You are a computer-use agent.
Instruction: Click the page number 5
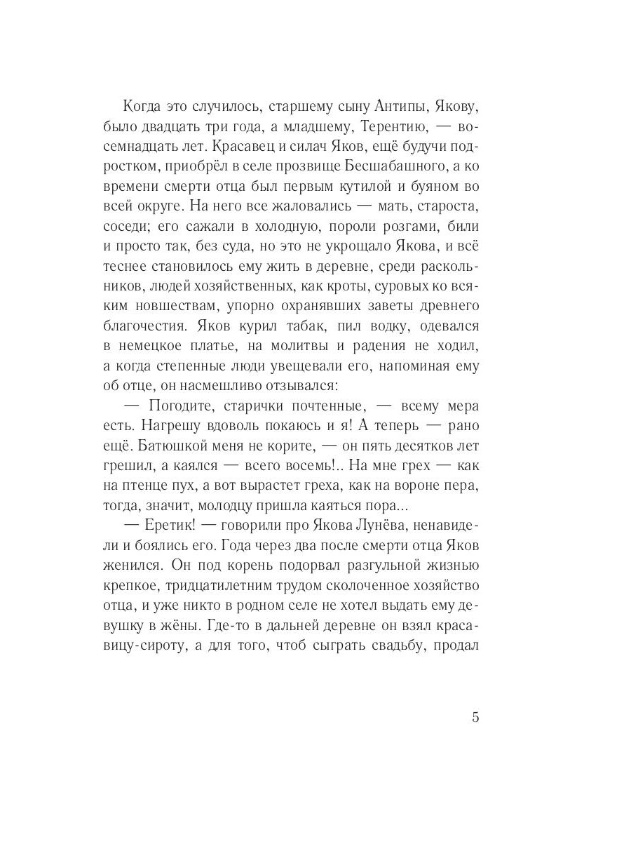[x=475, y=717]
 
